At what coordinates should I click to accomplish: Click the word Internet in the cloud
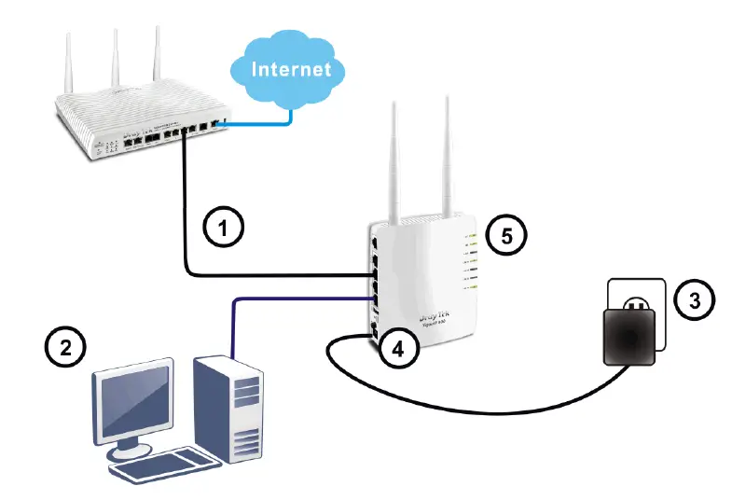(x=291, y=69)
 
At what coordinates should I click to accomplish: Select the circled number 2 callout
(x=64, y=348)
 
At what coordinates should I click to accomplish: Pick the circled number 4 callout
(x=397, y=350)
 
